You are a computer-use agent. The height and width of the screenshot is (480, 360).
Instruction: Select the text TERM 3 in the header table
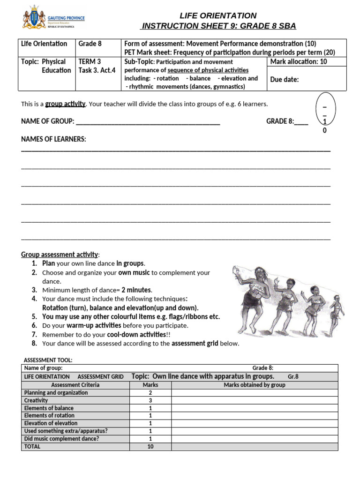(x=90, y=61)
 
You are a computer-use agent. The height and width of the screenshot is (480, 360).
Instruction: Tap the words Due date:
(x=285, y=79)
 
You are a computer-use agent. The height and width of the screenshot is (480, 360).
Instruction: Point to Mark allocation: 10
(x=299, y=61)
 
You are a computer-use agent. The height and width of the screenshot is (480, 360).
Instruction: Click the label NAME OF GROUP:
(x=47, y=121)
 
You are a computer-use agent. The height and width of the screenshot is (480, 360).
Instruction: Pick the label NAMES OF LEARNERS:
(x=53, y=139)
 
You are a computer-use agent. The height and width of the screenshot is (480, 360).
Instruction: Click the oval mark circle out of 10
(x=324, y=112)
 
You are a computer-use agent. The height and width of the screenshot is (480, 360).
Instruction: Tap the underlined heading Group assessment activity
(x=60, y=255)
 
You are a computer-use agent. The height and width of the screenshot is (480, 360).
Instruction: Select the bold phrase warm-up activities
(x=94, y=325)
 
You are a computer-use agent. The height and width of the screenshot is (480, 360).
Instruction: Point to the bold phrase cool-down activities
(x=136, y=334)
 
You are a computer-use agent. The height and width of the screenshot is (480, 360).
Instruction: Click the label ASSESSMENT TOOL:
(x=48, y=360)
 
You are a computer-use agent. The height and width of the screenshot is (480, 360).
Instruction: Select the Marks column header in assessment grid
(x=150, y=385)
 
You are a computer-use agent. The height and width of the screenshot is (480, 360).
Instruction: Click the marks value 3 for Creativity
(x=150, y=400)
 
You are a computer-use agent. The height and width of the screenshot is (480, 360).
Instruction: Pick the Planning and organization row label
(x=56, y=393)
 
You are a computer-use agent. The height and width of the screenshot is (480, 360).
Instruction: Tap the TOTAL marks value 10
(x=150, y=446)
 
